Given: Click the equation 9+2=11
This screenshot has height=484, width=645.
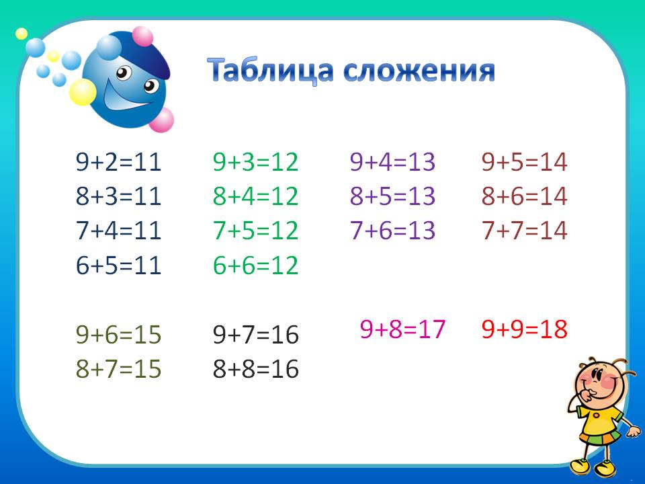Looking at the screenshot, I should [x=119, y=162].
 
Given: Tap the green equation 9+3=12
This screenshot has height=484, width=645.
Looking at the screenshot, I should [x=255, y=162].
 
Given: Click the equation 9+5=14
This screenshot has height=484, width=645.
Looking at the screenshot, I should [x=525, y=162].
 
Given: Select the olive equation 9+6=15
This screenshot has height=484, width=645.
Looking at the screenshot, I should [x=119, y=335].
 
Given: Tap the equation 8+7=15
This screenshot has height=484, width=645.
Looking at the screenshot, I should [x=119, y=369].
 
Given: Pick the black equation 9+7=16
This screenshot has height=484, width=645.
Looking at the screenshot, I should [x=255, y=335].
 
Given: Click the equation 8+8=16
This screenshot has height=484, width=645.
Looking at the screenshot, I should [x=255, y=369].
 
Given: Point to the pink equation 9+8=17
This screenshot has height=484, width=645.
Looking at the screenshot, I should [x=403, y=329].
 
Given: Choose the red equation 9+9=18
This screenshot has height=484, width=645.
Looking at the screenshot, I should [x=525, y=329].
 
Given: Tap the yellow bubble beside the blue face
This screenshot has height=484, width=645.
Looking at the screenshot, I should [x=83, y=93].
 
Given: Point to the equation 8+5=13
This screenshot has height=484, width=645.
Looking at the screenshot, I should [x=392, y=196].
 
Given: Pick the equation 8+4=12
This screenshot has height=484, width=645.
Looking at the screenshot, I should [x=255, y=196].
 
